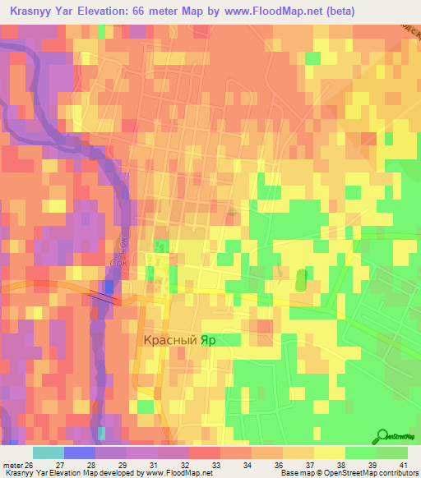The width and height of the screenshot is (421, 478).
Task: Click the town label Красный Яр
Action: click(x=176, y=338)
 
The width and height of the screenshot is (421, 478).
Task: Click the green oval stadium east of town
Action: click(x=301, y=279)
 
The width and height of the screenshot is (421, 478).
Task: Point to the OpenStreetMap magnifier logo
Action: click(x=383, y=437)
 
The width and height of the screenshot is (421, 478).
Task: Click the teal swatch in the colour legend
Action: click(x=48, y=452)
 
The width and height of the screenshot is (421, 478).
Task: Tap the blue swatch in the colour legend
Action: click(x=79, y=452)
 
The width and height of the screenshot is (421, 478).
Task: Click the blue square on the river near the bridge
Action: click(x=109, y=286)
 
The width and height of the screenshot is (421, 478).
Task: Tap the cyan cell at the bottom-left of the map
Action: click(x=101, y=433)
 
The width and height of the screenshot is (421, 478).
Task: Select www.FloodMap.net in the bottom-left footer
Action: click(x=169, y=473)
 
